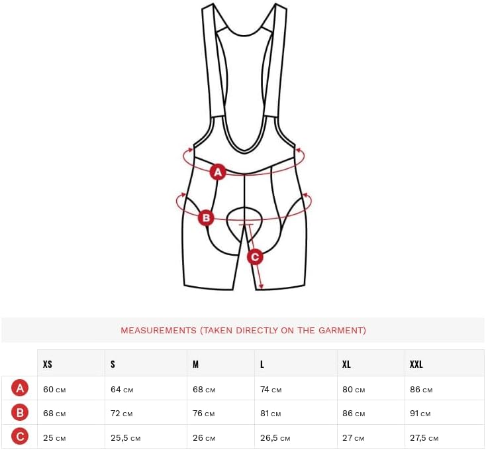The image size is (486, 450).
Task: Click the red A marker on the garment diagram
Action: [x=218, y=172]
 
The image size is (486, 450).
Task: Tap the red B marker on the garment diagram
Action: [x=206, y=218]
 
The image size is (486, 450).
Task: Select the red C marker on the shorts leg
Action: [x=255, y=257]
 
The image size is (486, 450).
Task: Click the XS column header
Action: [x=48, y=364]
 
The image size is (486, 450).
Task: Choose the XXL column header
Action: [x=416, y=364]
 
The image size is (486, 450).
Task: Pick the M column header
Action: [x=195, y=364]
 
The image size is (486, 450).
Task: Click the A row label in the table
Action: [x=20, y=388]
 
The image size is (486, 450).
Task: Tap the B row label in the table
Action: [x=20, y=413]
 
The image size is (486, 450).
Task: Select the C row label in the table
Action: [x=20, y=437]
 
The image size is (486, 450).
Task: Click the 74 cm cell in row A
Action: [x=271, y=390]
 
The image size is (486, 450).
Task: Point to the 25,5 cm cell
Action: [x=126, y=438]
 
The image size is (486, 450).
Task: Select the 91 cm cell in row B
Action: [x=420, y=414]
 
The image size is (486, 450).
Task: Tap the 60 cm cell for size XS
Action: [x=54, y=390]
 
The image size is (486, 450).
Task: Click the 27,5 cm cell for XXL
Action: [x=424, y=438]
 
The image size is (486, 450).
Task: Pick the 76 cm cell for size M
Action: [x=204, y=414]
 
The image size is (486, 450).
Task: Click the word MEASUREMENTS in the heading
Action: [x=158, y=330]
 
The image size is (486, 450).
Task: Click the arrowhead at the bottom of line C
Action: [x=261, y=286]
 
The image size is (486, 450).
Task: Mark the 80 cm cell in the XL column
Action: [x=354, y=390]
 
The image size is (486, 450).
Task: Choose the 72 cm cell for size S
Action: [x=122, y=414]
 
